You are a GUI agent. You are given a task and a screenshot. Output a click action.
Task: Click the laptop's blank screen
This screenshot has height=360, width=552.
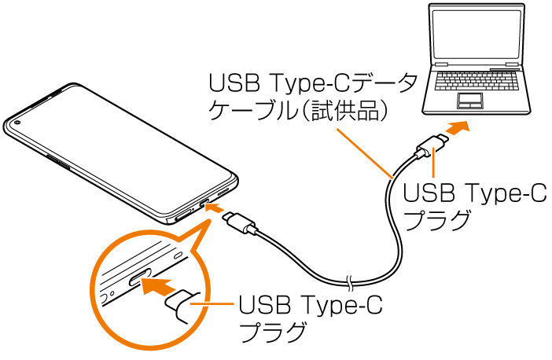pos(477,35)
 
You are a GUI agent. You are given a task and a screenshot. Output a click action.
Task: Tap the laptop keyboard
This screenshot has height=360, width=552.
pos(477,80)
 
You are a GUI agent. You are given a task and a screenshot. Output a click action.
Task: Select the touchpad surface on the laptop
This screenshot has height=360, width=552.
pos(470,97)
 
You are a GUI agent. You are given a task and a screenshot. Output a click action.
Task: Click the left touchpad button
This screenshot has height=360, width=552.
pos(465,105)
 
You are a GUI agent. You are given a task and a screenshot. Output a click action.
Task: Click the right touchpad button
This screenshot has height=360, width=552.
pos(476,105)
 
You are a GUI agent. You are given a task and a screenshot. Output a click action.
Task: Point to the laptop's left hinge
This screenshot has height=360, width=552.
pos(441,64)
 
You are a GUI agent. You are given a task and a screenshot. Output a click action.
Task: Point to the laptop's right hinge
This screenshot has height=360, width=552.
pos(512,64)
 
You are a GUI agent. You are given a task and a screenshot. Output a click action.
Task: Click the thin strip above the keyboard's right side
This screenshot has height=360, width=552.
pos(504,69)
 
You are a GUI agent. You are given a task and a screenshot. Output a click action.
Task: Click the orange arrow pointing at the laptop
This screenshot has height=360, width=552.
pos(458,127)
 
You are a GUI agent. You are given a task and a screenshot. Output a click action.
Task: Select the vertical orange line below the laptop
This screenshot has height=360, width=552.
pos(433,162)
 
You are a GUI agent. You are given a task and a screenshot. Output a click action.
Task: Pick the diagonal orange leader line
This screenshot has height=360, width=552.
pos(364,153)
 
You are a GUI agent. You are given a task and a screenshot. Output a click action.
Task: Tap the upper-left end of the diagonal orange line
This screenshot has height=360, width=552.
pos(337,129)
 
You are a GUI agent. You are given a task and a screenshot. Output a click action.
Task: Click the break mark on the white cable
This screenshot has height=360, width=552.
pos(350,283)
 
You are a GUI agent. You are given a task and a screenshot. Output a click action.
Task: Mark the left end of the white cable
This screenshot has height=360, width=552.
pos(257,233)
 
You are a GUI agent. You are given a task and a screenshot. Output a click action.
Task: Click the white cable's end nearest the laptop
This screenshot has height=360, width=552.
pos(416,156)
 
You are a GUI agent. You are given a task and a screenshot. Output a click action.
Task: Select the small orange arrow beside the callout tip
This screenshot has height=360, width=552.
pos(215,208)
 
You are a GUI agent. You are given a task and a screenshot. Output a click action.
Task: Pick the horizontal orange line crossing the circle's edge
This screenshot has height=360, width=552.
pos(212,303)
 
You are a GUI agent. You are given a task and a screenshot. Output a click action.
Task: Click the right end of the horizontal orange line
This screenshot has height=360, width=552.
pos(234,303)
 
